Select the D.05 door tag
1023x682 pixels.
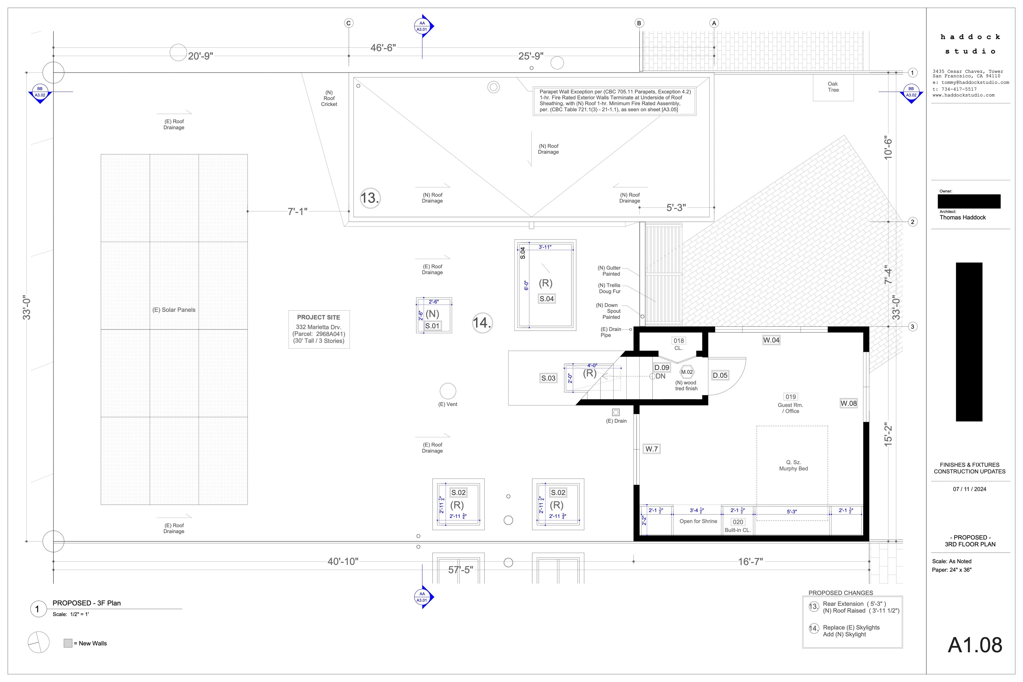720,375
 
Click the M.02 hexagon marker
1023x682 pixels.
687,372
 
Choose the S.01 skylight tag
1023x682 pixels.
432,326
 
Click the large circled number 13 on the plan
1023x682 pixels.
370,198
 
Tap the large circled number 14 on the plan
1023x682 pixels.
482,323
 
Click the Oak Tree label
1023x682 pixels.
833,87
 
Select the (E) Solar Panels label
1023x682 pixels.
174,310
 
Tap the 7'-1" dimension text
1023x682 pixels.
297,211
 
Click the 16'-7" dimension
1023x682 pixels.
750,562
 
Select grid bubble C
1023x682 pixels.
348,23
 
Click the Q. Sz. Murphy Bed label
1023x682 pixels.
793,465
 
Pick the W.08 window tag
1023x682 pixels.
849,403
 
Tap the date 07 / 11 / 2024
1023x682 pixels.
970,489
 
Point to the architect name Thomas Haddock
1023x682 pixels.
963,218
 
